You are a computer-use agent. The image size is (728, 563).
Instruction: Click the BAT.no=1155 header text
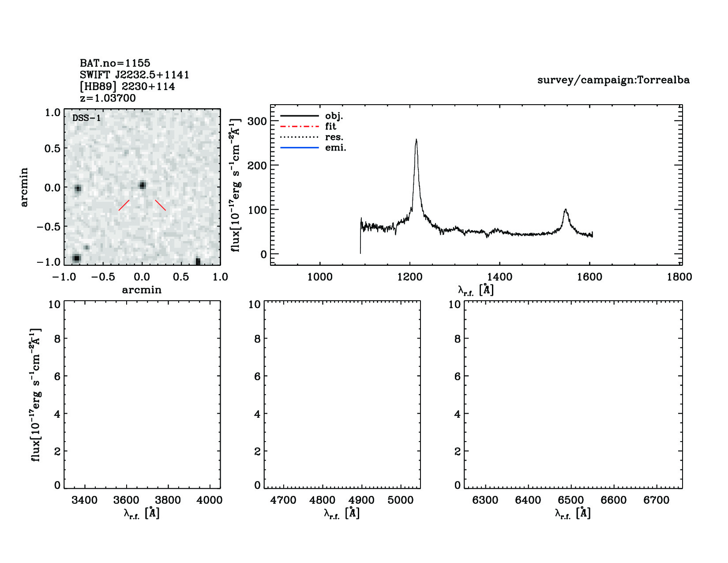115,63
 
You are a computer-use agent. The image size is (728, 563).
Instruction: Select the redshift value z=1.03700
108,98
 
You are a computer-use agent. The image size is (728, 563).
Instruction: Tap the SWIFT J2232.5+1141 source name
135,75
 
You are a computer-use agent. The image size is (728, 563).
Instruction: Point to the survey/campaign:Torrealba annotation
613,80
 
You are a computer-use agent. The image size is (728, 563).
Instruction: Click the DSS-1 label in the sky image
86,118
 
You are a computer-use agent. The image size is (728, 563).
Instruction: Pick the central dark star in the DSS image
142,185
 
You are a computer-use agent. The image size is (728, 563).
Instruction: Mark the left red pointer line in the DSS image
124,205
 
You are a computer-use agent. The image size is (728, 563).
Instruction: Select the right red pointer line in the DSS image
160,205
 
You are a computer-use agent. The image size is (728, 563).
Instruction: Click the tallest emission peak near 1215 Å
416,140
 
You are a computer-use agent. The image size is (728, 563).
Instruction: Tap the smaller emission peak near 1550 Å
565,210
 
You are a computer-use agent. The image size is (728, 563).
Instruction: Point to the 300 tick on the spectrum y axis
257,121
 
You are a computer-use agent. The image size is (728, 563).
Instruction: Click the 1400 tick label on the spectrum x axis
499,277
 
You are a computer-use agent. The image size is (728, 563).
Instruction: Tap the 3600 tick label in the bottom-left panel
126,500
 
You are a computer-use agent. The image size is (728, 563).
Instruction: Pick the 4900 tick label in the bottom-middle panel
361,500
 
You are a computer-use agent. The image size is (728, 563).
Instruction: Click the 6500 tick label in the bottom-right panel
571,500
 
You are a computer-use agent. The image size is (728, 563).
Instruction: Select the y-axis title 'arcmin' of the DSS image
24,187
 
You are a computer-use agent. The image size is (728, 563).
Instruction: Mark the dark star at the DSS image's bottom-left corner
76,258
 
